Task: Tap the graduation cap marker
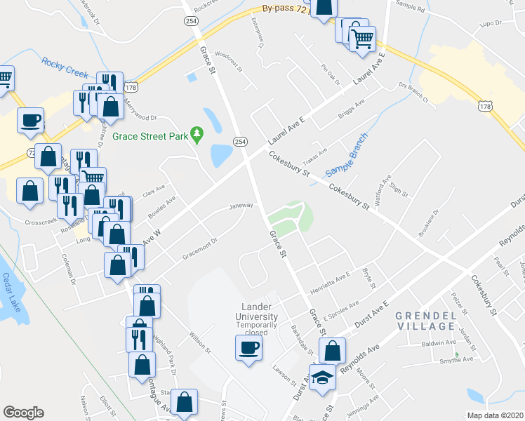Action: [x=322, y=377]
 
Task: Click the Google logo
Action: [x=23, y=413]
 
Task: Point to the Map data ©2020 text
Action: [x=496, y=415]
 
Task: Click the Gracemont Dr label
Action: [x=201, y=240]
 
